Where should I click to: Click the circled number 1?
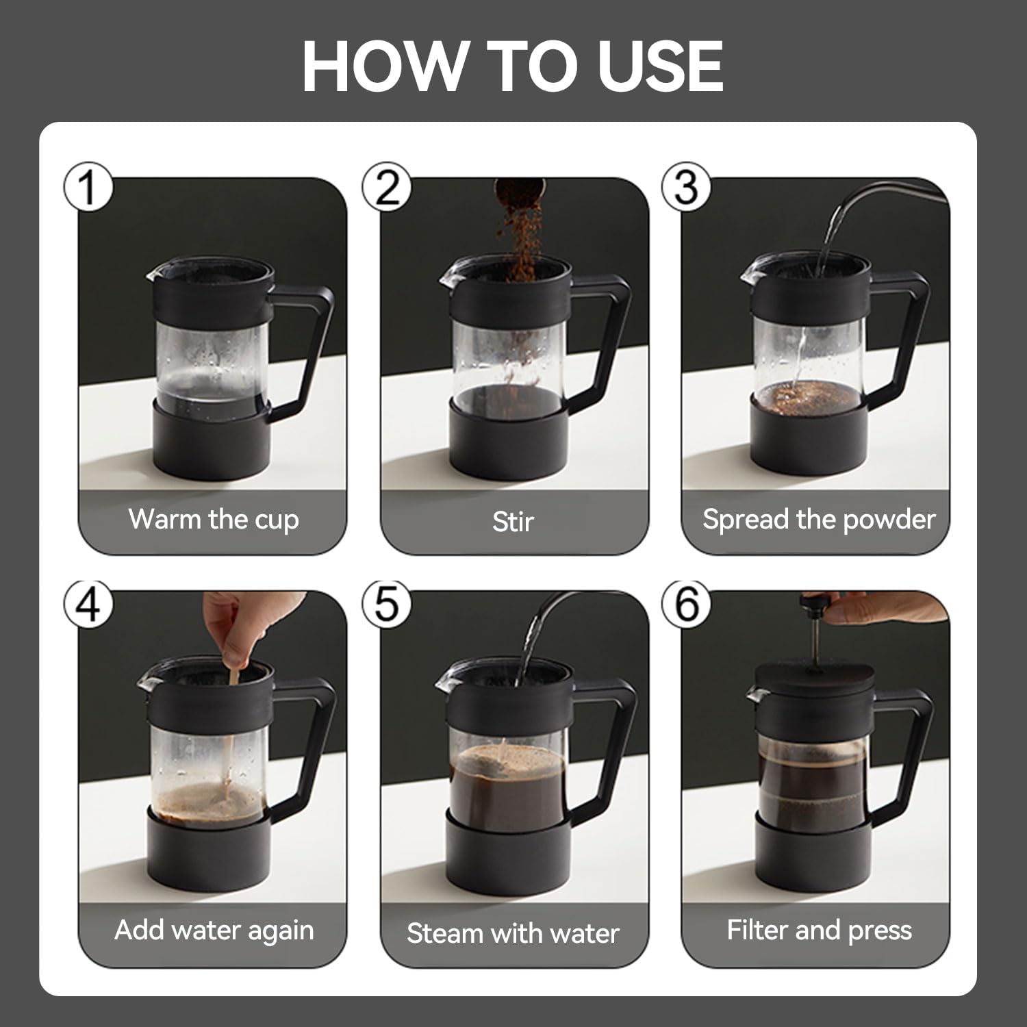(88, 186)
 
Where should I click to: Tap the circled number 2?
(388, 186)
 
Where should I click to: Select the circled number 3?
(687, 186)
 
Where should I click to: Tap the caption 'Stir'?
(513, 522)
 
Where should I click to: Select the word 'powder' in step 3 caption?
(889, 520)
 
